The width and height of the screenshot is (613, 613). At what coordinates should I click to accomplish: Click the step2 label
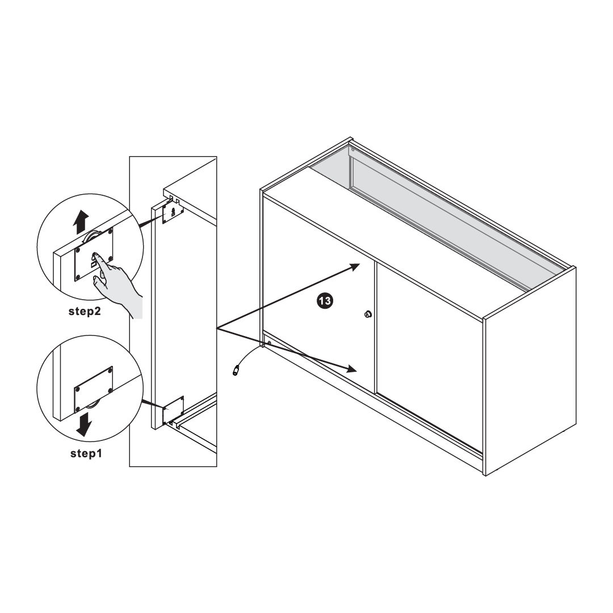(x=85, y=312)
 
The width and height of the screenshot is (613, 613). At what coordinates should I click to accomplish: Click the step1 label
(x=86, y=454)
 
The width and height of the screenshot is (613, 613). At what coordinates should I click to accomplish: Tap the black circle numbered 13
(x=325, y=301)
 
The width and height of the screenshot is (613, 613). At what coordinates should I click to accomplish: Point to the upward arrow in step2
(x=81, y=222)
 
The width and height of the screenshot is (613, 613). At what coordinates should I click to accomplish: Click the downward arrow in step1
(x=84, y=425)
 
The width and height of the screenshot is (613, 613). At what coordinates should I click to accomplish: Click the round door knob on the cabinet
(x=367, y=314)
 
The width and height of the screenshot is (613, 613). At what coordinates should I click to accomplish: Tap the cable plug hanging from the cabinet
(x=236, y=370)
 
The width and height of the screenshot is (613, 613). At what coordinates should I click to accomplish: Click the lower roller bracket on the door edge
(x=173, y=410)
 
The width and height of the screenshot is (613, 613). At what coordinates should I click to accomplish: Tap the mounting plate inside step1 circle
(x=94, y=388)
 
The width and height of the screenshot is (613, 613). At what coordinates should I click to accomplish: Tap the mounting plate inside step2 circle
(x=94, y=254)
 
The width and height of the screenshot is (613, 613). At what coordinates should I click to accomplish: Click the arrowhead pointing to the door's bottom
(x=351, y=369)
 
